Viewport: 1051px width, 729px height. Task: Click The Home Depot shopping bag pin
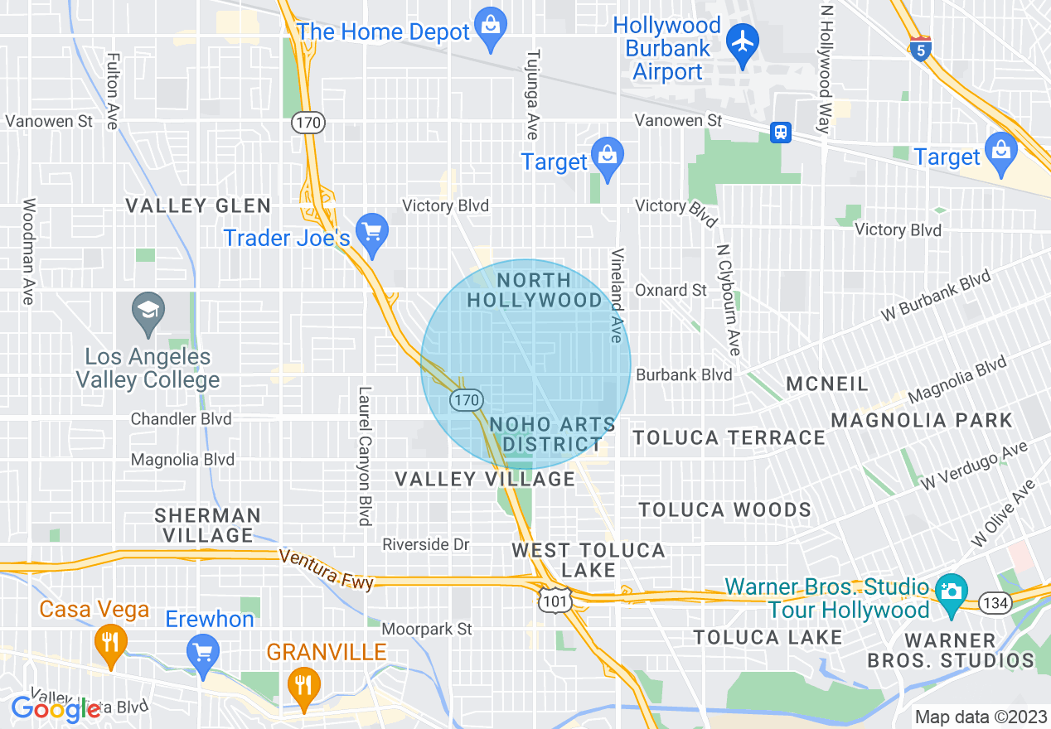(491, 31)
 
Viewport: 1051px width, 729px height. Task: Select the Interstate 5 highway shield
(920, 48)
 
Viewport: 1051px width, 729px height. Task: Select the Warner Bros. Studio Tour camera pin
(952, 593)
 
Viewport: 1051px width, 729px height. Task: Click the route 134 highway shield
(995, 603)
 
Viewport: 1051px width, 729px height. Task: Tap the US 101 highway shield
(552, 602)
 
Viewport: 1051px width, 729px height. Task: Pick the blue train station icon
(780, 132)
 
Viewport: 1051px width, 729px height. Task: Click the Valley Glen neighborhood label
(197, 205)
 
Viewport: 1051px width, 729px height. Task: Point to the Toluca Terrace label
(729, 437)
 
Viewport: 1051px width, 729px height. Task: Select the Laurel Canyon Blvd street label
(363, 456)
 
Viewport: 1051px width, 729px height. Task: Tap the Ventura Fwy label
(326, 569)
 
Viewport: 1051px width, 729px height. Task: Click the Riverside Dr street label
(426, 544)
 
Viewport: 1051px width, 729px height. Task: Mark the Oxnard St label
(671, 290)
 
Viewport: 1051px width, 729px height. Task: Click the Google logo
(56, 708)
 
